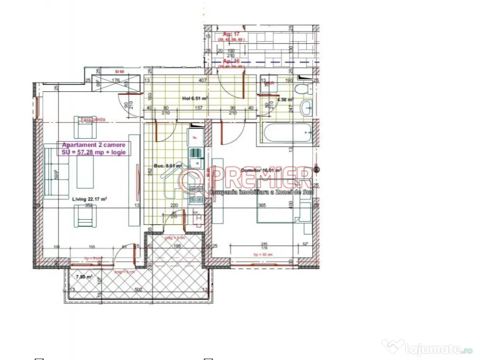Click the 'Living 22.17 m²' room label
pos(90,199)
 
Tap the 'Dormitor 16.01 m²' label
pos(261,170)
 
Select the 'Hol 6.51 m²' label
pos(195,98)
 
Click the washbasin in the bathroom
pos(307,108)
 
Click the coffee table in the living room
pos(85,171)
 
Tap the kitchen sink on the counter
pos(195,158)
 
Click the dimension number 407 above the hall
pos(202,81)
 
